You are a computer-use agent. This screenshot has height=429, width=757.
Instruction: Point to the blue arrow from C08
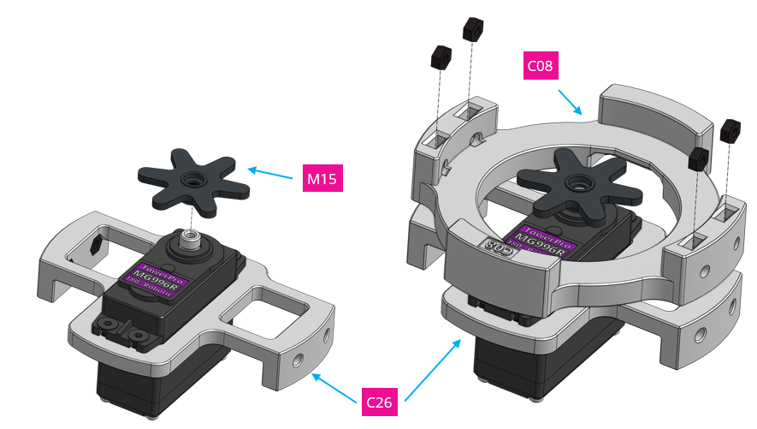tap(570, 99)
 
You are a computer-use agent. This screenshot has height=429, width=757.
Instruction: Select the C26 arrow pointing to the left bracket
tap(334, 384)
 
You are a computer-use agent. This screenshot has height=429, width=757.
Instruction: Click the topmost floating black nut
tap(474, 29)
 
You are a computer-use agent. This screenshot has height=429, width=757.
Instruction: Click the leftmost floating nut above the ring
tap(441, 58)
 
